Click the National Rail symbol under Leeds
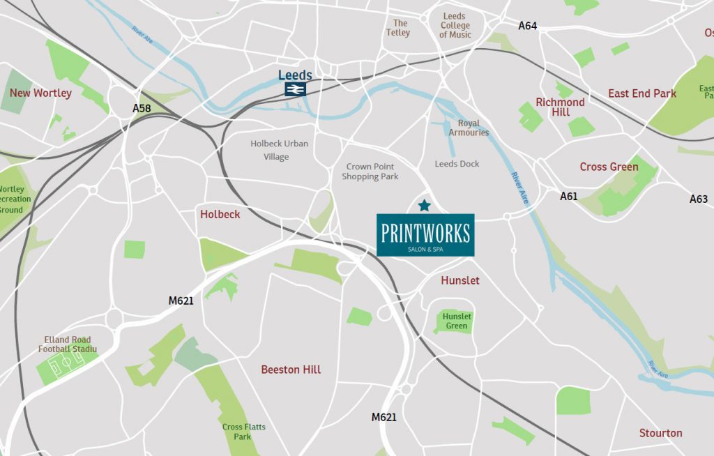295,89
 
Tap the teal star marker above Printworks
424,205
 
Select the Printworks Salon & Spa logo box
425,235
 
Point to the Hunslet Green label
457,321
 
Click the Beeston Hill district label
291,370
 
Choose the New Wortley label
40,93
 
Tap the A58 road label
142,109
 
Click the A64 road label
528,26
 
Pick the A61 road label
569,197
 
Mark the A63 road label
699,199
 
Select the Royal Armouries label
469,128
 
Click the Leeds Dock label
457,164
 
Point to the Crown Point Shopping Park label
370,172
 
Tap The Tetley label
398,28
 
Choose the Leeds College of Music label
455,26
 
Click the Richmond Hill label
560,107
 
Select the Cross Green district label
609,167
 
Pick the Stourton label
660,433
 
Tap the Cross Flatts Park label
243,432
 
